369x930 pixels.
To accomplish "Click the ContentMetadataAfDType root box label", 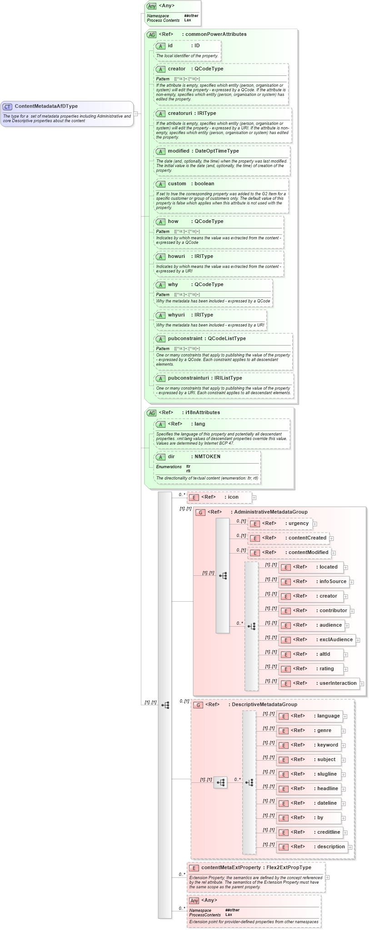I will [x=46, y=106].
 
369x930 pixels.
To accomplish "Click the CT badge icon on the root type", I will [x=7, y=107].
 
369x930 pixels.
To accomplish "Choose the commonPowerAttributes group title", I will [x=216, y=34].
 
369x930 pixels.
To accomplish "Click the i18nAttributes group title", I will [x=202, y=412].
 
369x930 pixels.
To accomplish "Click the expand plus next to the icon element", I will [x=254, y=498].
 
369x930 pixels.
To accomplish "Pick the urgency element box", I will [x=280, y=524].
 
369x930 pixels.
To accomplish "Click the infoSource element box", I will [x=313, y=582].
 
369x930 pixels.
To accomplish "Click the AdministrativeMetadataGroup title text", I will [x=270, y=512].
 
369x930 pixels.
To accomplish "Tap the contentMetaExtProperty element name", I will [x=231, y=867].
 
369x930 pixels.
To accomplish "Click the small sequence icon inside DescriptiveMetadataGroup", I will [x=220, y=782].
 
